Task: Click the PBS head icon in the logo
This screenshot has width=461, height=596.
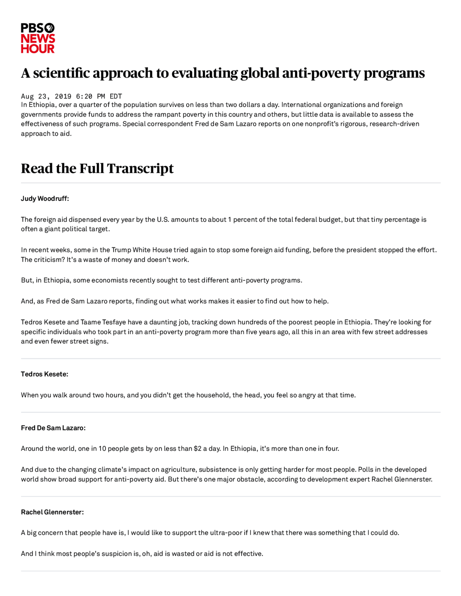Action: point(49,28)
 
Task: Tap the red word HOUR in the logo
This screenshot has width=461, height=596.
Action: point(37,49)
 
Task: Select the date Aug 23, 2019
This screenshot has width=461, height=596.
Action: point(46,96)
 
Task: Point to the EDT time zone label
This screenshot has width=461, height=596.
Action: point(116,96)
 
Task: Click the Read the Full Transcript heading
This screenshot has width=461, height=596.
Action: point(97,168)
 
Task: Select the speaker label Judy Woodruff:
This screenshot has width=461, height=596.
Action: point(45,198)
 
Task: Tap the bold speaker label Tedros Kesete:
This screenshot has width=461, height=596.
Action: point(44,374)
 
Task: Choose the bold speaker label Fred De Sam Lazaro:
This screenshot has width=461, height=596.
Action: point(53,428)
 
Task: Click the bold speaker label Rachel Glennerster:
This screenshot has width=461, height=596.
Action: point(52,512)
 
